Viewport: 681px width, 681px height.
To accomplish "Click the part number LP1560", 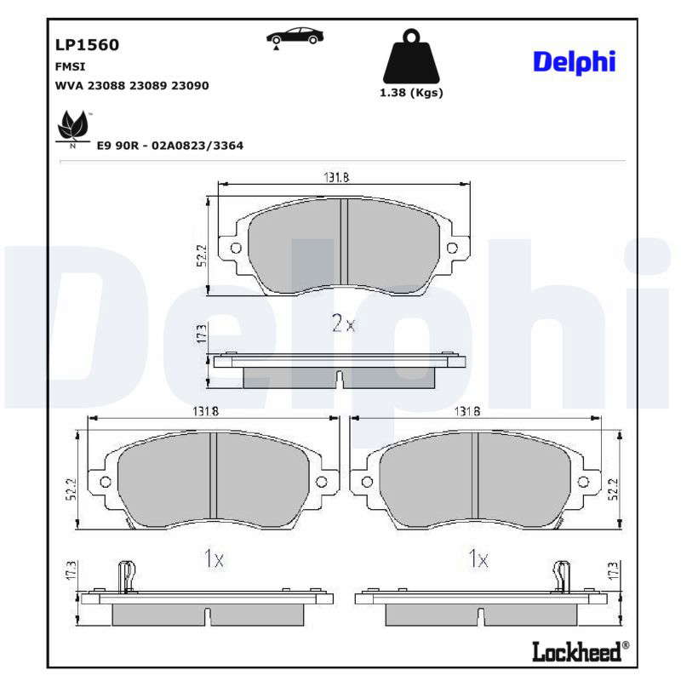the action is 87,45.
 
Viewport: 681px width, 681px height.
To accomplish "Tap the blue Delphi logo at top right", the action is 574,62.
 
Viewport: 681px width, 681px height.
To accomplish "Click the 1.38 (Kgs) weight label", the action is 411,93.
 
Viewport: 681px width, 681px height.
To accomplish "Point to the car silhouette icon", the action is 295,37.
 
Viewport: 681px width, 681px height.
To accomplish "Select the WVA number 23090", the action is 190,85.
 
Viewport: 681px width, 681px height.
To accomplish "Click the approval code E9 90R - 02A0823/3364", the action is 169,145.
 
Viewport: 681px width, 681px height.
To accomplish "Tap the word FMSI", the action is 70,66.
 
